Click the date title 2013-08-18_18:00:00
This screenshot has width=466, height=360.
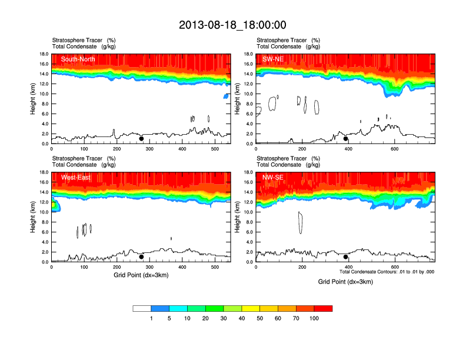pos(232,25)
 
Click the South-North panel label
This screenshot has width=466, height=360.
pos(78,59)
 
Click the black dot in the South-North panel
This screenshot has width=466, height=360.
pos(141,139)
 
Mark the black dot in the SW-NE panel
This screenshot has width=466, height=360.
pos(346,139)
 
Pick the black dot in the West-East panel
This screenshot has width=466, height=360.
pos(141,256)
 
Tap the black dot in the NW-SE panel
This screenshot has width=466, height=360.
pos(346,256)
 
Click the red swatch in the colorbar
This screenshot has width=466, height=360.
pos(323,308)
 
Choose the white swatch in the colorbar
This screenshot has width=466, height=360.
pos(142,308)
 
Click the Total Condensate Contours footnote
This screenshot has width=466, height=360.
pos(387,272)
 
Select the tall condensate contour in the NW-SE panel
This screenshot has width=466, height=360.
pos(300,222)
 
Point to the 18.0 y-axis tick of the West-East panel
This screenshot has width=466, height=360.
pos(43,172)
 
